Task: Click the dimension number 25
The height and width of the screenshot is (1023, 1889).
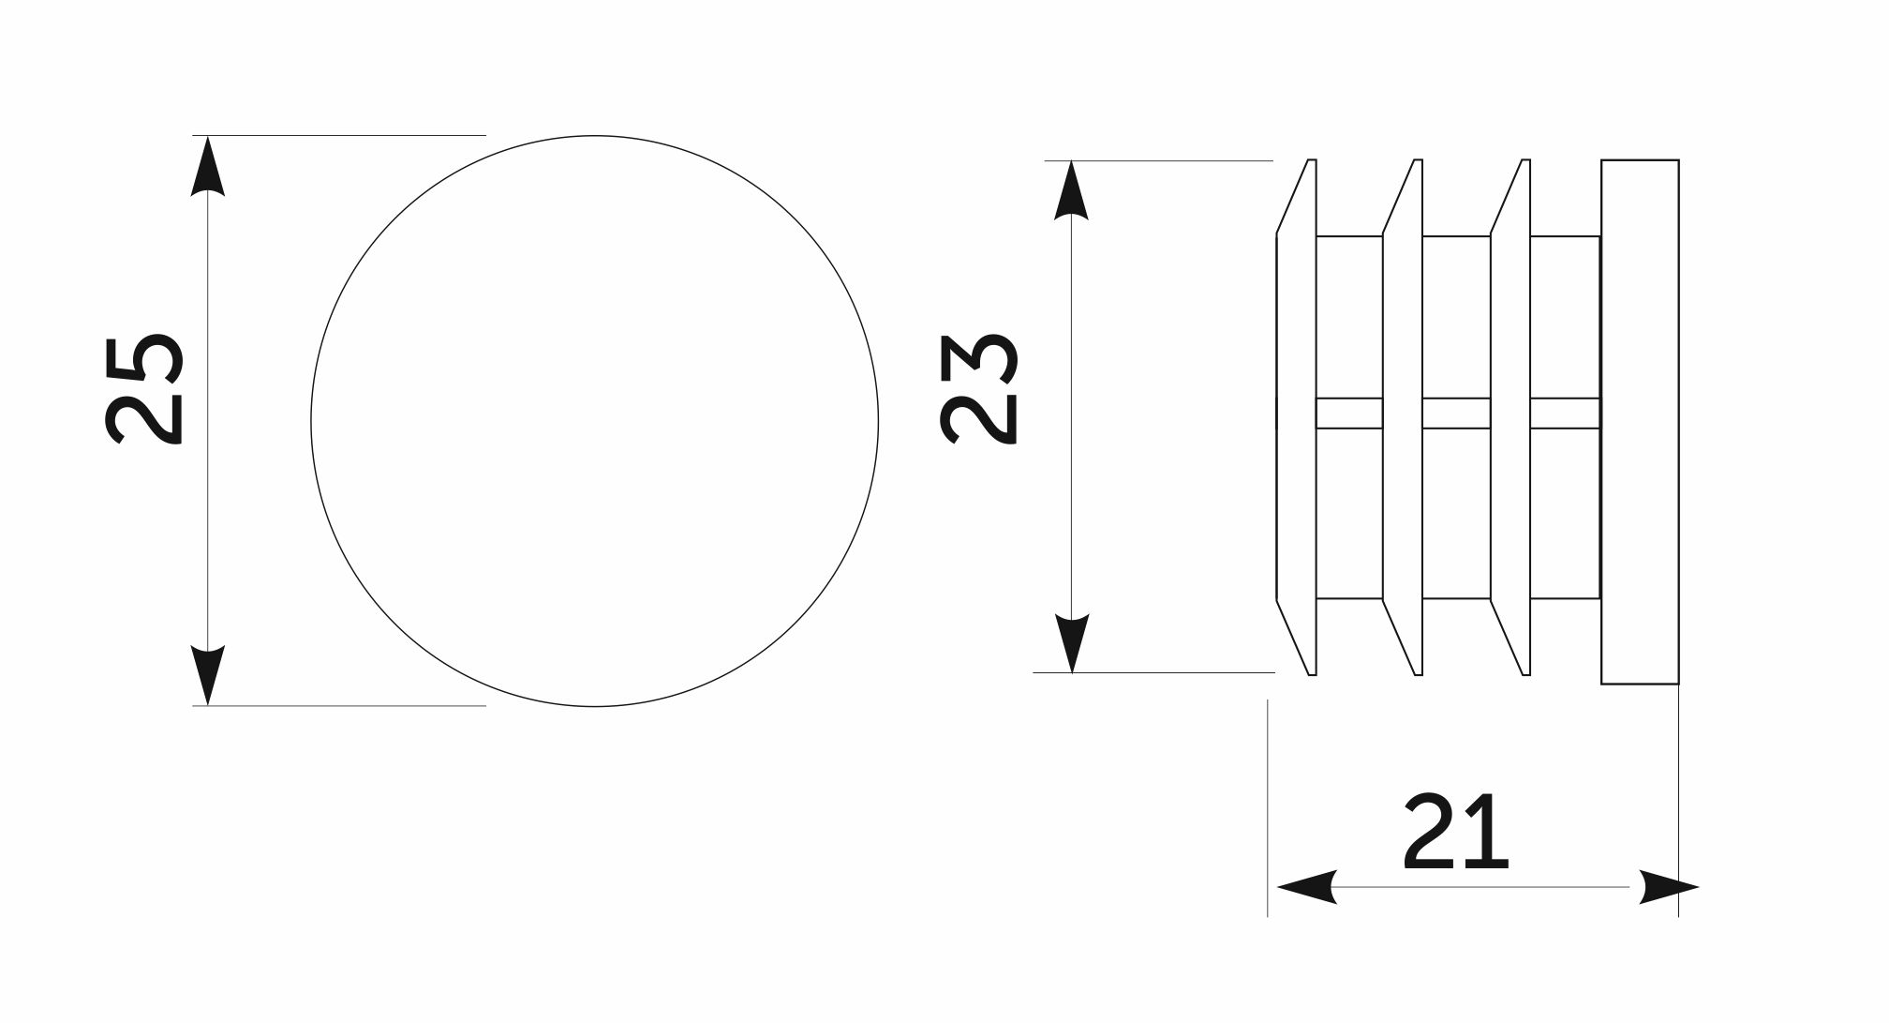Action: (x=144, y=389)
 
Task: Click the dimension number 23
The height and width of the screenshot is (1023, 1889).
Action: (x=978, y=389)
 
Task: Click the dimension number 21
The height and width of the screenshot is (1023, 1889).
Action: (x=1455, y=831)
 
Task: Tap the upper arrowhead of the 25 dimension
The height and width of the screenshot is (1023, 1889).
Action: (x=208, y=165)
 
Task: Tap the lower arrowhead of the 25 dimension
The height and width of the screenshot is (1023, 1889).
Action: (x=208, y=676)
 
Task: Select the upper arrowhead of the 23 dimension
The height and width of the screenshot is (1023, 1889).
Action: (x=1071, y=190)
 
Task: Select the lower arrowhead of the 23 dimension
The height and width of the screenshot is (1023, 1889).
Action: (x=1071, y=643)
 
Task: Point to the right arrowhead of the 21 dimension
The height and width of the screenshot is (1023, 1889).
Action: (x=1669, y=887)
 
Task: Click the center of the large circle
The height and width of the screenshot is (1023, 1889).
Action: (x=595, y=421)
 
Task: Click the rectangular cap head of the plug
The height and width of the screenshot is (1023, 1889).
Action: (x=1640, y=422)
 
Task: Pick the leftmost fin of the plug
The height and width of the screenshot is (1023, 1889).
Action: (x=1297, y=417)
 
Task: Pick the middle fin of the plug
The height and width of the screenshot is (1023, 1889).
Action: (x=1403, y=417)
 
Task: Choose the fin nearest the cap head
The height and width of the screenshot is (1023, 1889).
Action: (x=1510, y=417)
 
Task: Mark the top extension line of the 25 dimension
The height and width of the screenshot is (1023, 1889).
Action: (x=339, y=135)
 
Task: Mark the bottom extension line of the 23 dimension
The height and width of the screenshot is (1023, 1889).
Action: (x=1153, y=672)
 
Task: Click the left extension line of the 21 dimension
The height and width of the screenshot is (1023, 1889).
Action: (x=1268, y=807)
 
